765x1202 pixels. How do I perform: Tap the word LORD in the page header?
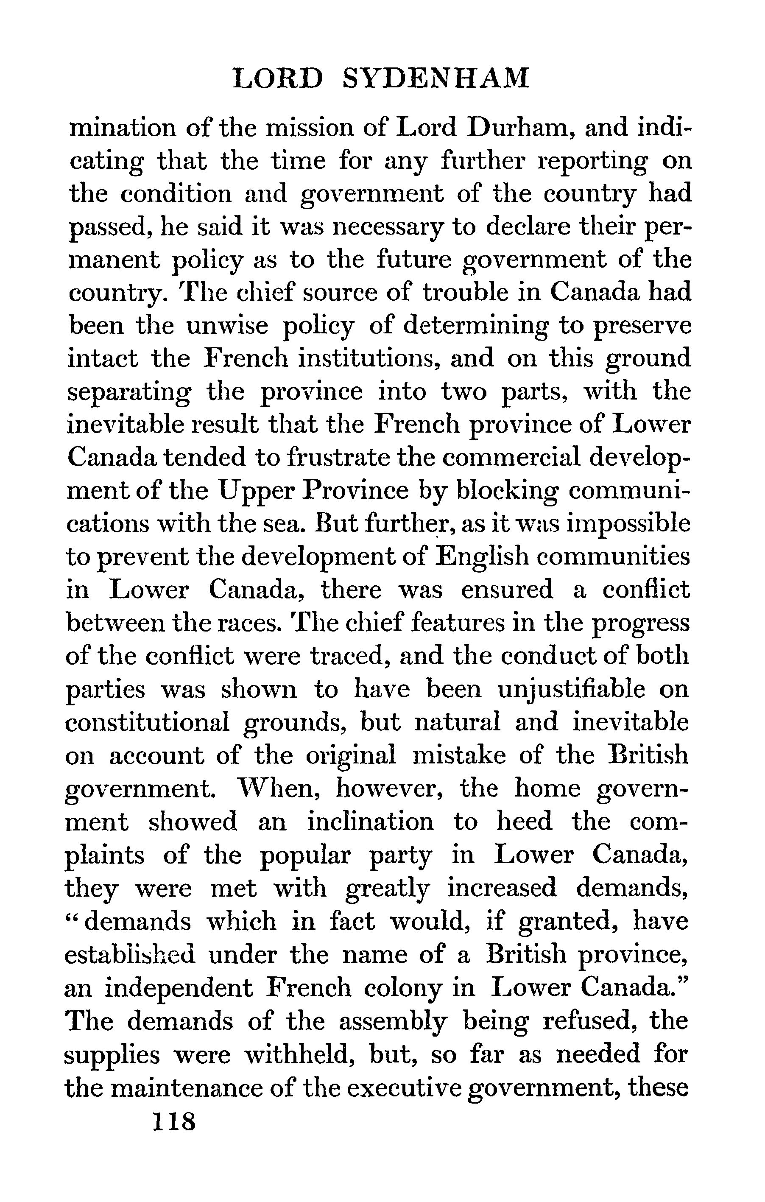tap(278, 79)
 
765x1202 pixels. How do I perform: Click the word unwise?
tap(227, 326)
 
